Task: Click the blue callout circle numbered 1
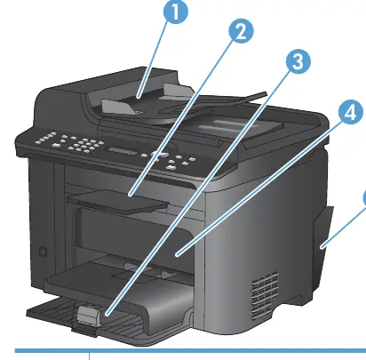tap(175, 12)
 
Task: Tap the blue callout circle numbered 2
tap(242, 31)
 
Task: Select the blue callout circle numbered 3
tap(298, 61)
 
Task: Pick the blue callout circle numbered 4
tap(351, 112)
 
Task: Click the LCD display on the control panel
tap(123, 151)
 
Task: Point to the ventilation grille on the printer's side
tap(265, 296)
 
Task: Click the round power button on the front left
tap(44, 252)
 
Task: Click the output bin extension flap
tap(117, 202)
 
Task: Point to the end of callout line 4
tap(177, 254)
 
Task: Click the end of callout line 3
tap(107, 313)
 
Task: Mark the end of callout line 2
tap(130, 195)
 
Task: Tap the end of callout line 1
tap(139, 97)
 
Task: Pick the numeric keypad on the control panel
tap(83, 145)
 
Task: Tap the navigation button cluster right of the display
tap(160, 156)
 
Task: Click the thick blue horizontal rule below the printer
tap(190, 351)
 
